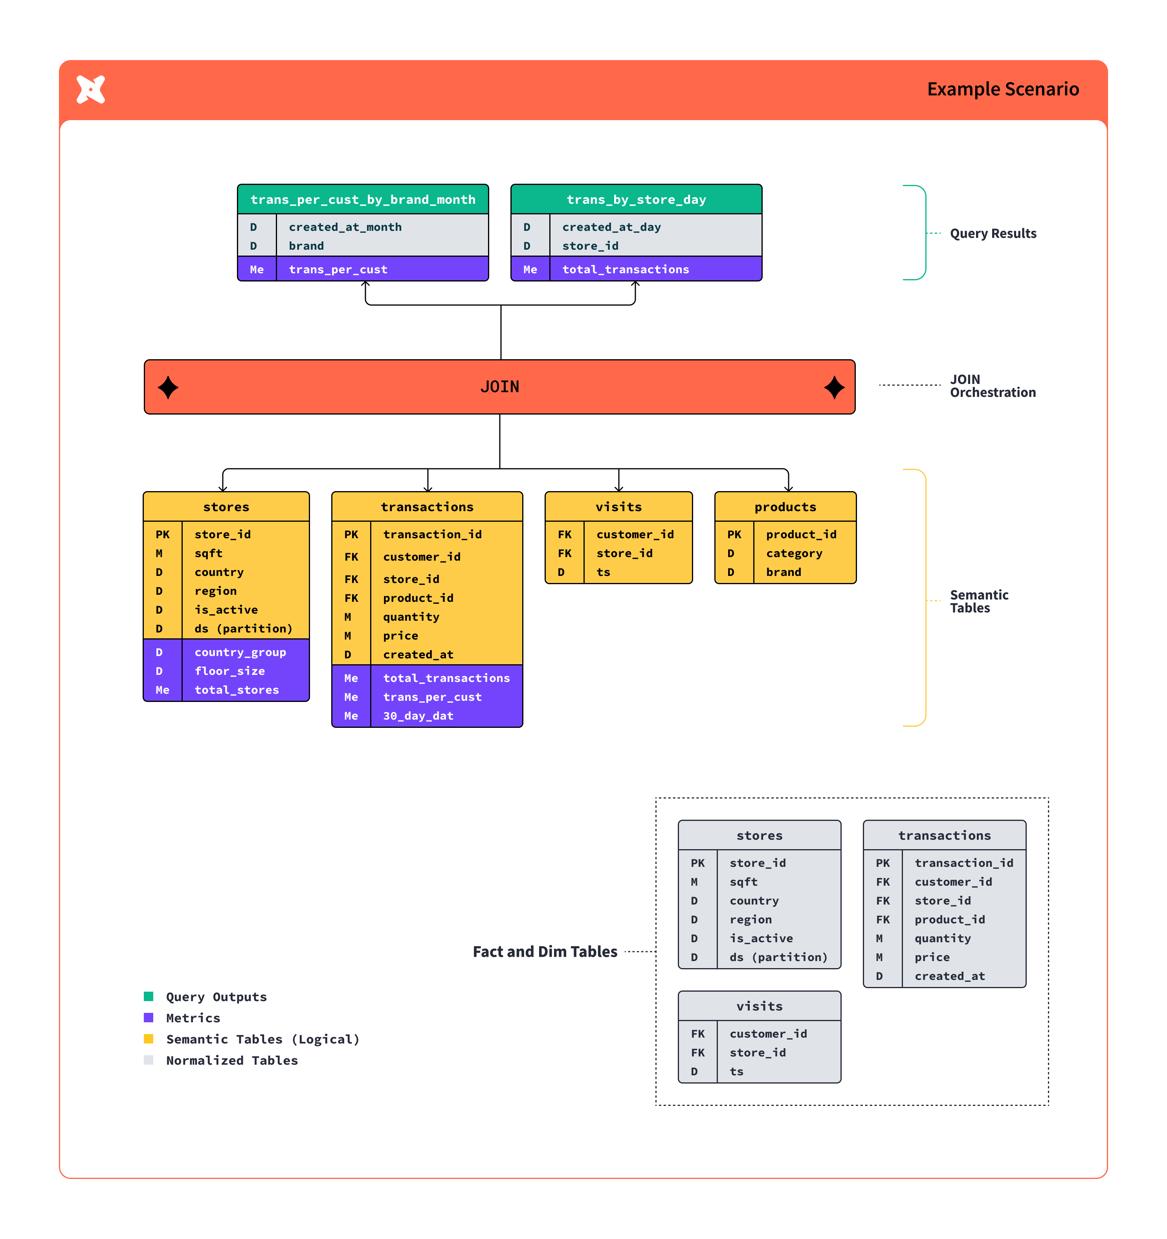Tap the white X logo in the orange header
point(90,89)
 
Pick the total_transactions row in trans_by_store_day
point(625,269)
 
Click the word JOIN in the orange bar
point(499,387)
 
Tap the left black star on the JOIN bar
point(168,387)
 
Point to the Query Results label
point(993,234)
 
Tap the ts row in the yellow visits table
point(603,572)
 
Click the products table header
point(785,507)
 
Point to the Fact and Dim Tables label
point(545,952)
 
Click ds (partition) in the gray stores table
point(778,957)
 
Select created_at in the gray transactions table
point(949,976)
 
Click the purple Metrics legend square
point(149,1018)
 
